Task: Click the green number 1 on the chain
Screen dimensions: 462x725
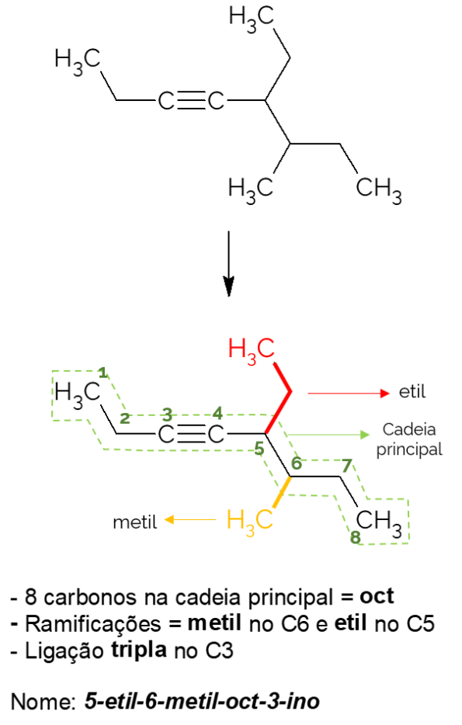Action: [x=102, y=373]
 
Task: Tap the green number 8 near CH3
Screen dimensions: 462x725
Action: [x=355, y=537]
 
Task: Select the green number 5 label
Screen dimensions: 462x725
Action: [x=259, y=448]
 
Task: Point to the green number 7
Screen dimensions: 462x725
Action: [x=347, y=465]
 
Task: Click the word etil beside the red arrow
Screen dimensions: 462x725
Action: [x=412, y=392]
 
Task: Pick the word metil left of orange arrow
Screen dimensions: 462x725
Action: [x=135, y=522]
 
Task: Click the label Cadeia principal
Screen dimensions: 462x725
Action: [x=409, y=439]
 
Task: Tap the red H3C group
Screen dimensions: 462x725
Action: [x=252, y=351]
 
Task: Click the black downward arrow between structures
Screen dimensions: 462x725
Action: [x=228, y=263]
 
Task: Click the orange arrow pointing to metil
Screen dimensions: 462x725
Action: [x=190, y=520]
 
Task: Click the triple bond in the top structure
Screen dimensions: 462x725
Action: [x=192, y=101]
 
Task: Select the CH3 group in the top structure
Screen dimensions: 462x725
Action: [x=379, y=189]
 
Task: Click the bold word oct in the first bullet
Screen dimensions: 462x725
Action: [x=377, y=596]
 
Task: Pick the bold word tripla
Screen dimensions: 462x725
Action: [x=139, y=651]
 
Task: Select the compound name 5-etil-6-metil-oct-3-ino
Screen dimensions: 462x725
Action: [x=202, y=702]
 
